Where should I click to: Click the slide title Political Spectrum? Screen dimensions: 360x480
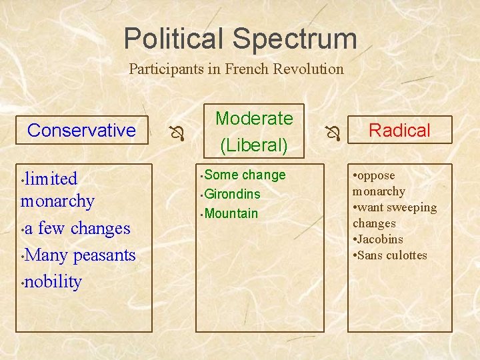click(x=240, y=39)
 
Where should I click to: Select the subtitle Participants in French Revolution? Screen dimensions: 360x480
click(x=236, y=69)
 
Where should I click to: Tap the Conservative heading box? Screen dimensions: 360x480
click(x=81, y=130)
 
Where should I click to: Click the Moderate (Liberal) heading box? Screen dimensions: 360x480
click(x=254, y=131)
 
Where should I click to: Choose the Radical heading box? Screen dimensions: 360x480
click(x=399, y=130)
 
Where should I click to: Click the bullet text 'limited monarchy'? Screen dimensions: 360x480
click(x=57, y=189)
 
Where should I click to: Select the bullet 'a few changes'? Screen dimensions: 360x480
click(x=77, y=228)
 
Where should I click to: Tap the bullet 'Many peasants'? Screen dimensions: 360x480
click(x=79, y=255)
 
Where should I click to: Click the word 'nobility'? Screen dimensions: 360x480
click(x=53, y=281)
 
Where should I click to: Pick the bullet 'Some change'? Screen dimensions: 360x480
click(x=245, y=175)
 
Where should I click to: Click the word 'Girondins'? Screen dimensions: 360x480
click(x=233, y=194)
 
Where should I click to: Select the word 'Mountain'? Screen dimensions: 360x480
click(x=231, y=213)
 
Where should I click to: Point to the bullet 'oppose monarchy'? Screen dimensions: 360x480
click(x=379, y=183)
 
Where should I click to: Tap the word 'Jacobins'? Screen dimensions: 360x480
click(x=379, y=239)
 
